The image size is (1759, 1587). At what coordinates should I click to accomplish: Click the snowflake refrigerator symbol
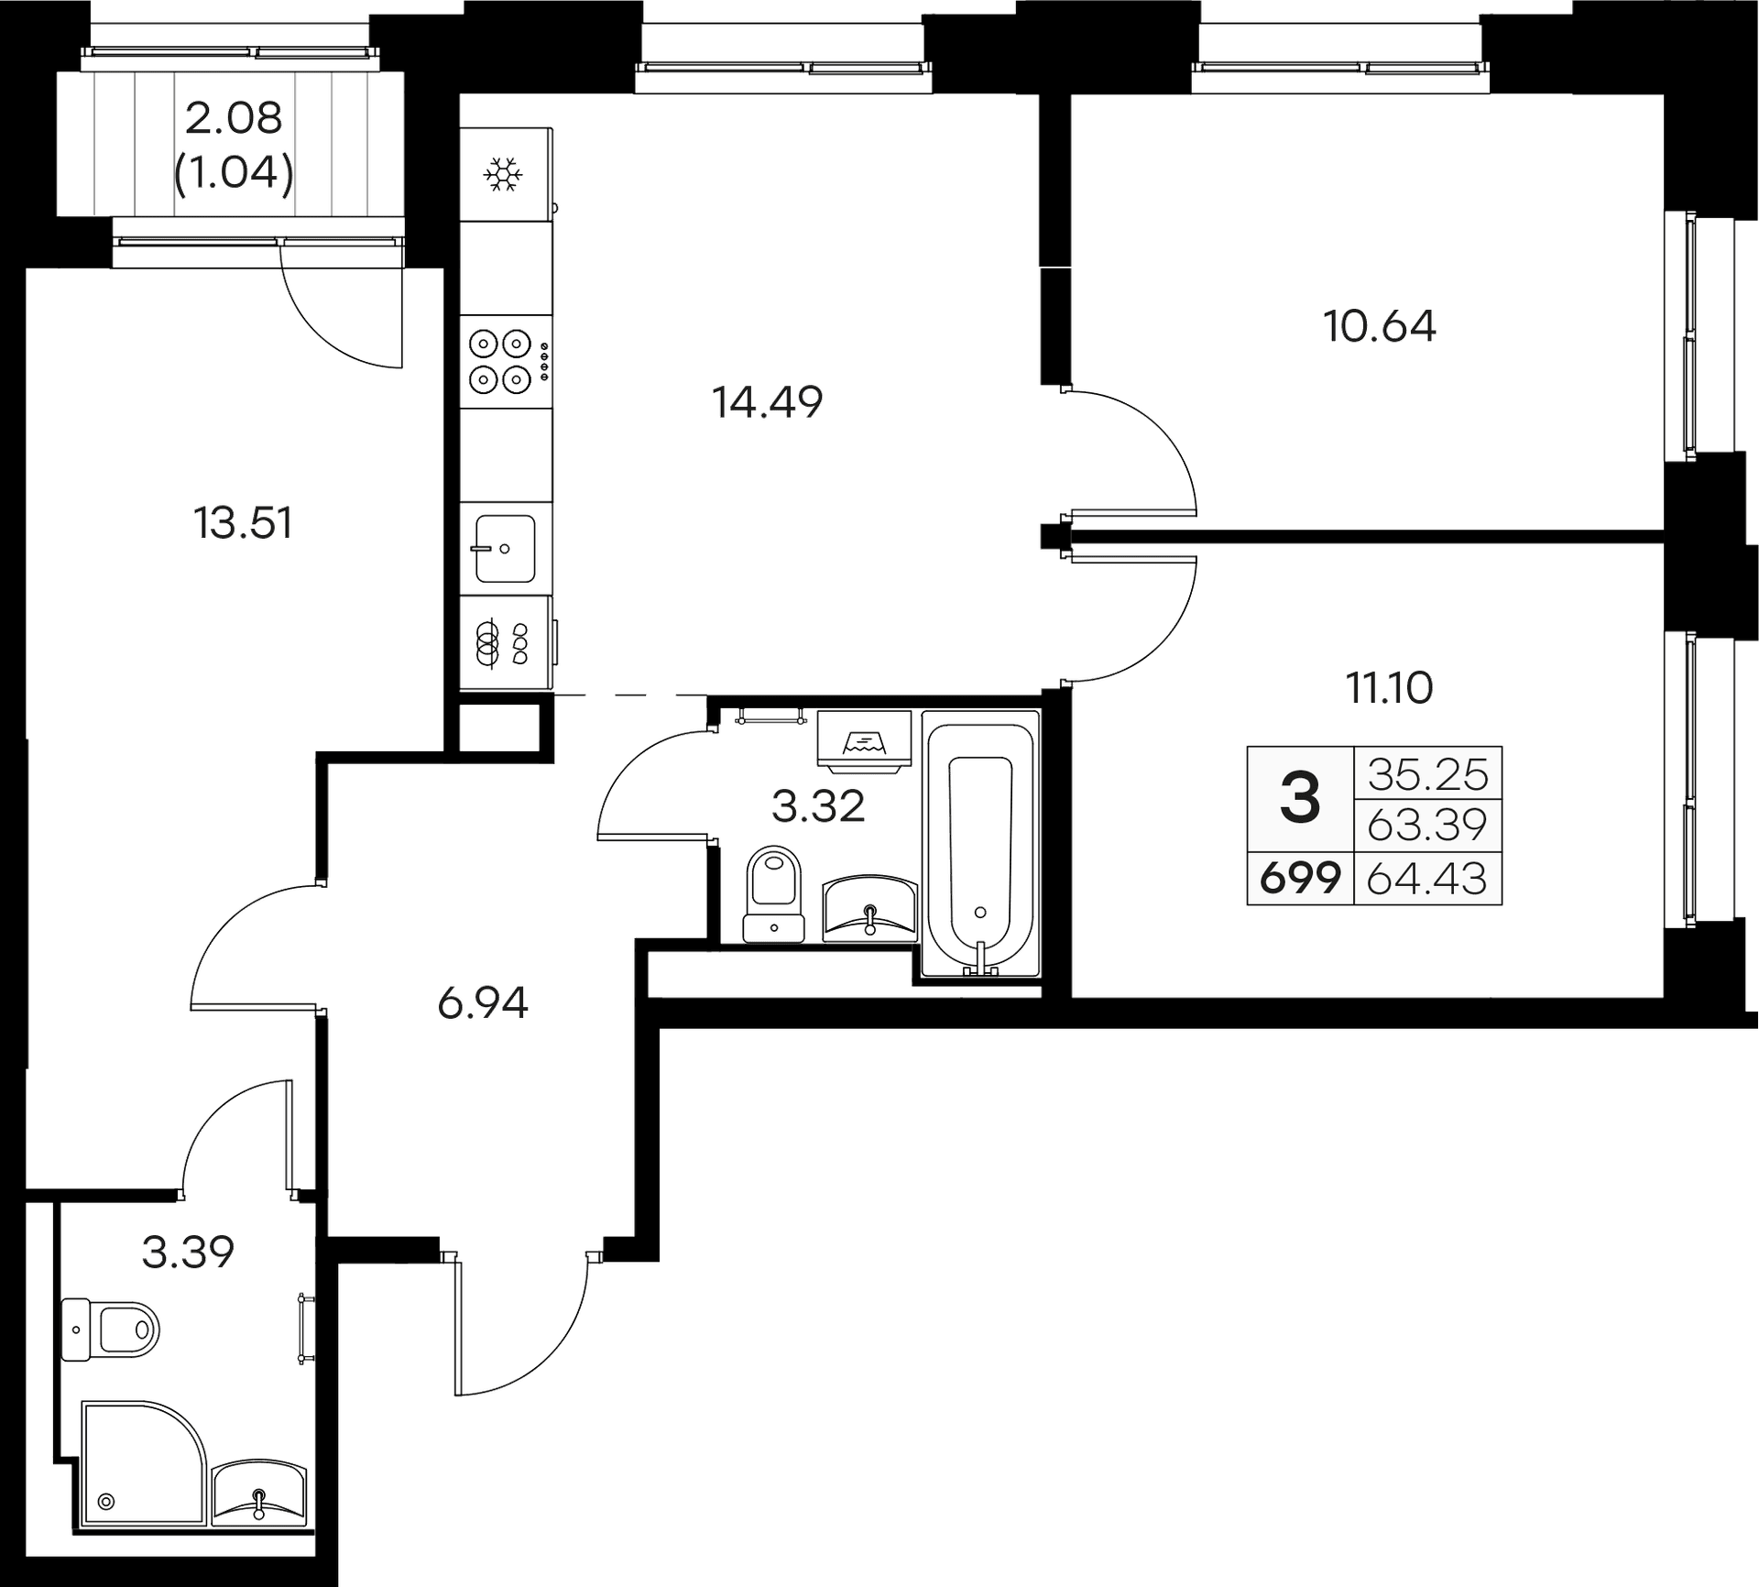click(503, 174)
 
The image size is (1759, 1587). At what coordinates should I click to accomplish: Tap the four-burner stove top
click(500, 360)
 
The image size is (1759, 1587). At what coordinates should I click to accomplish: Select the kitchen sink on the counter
click(504, 548)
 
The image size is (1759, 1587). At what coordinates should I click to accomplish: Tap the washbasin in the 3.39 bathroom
click(259, 1504)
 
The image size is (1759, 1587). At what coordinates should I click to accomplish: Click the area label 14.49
click(768, 402)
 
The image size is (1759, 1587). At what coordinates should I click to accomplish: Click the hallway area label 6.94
click(483, 1005)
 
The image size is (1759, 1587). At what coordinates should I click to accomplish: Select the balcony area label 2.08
click(235, 119)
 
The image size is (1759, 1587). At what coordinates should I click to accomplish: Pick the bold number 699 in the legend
click(1300, 880)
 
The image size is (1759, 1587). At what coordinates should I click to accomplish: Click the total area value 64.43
click(1426, 880)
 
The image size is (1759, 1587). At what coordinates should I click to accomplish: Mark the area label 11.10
click(1389, 687)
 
